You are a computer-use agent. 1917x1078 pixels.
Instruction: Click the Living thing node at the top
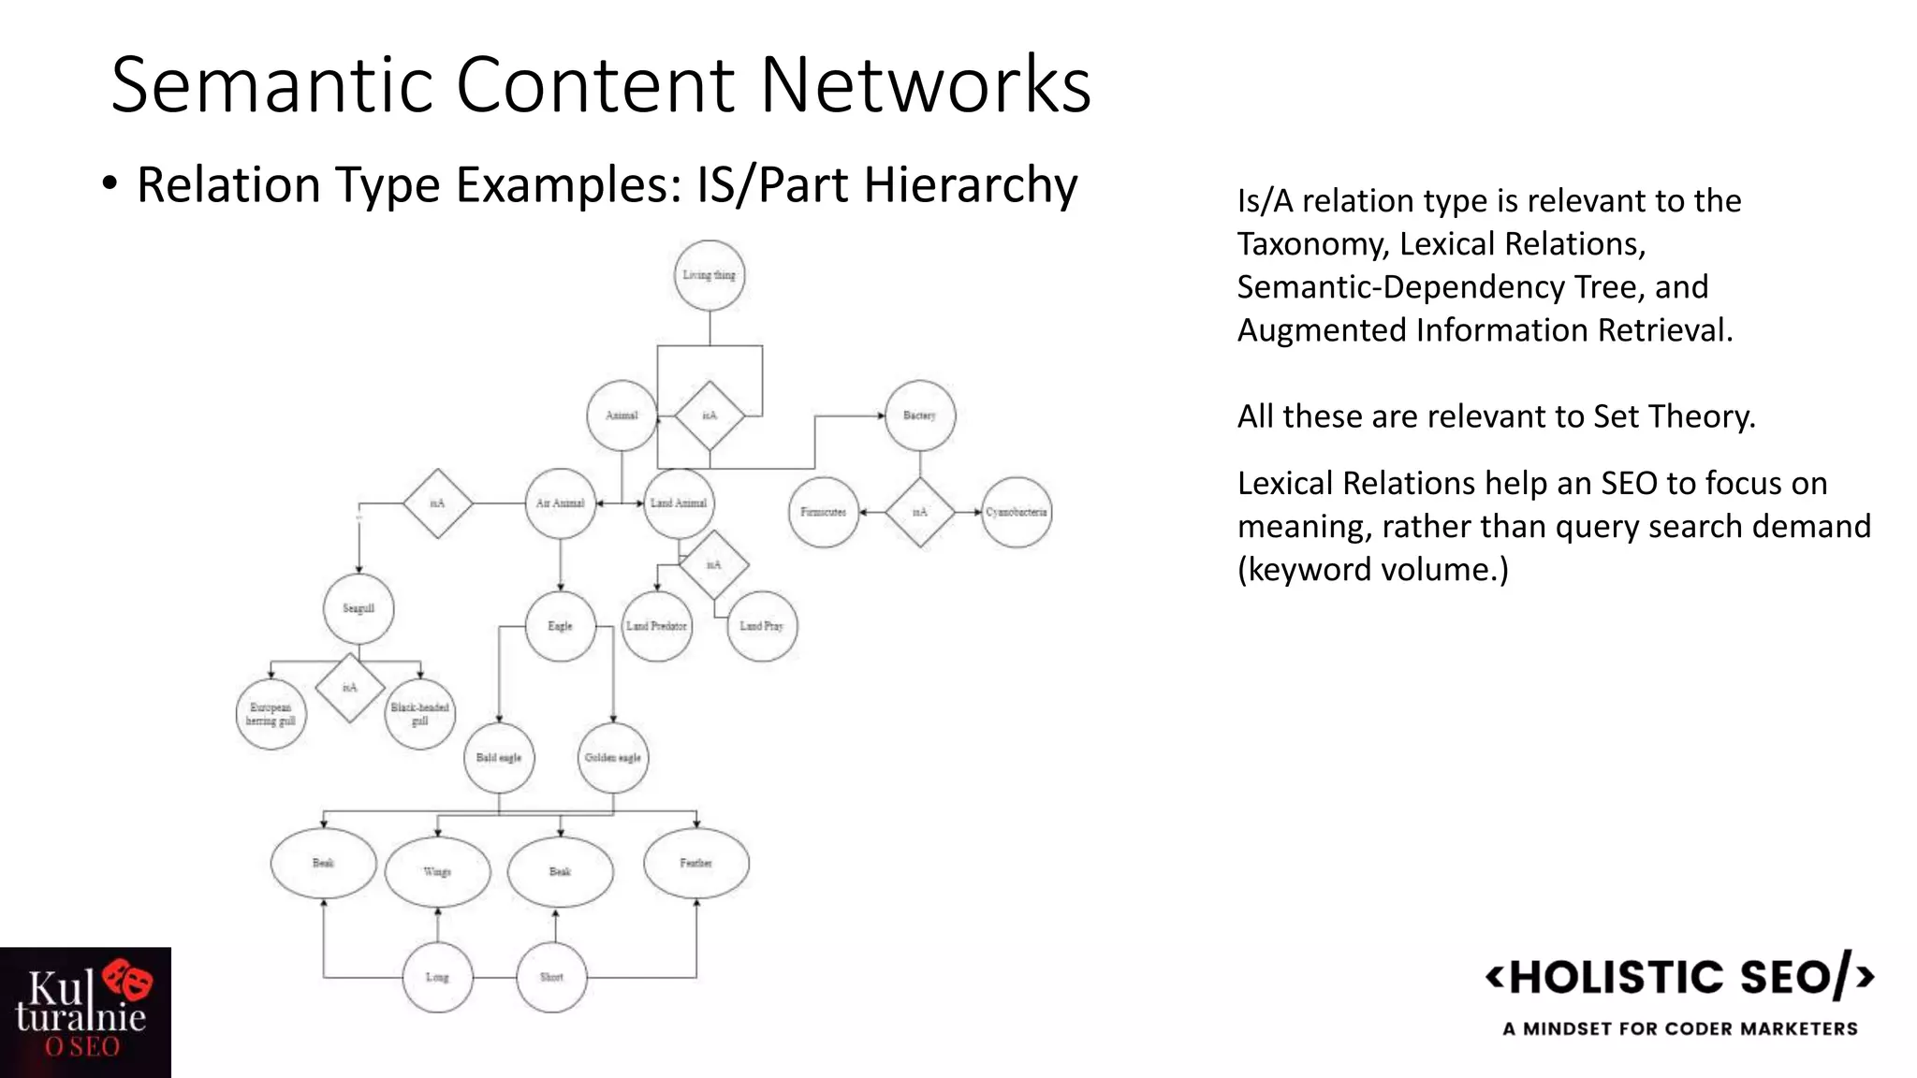click(x=710, y=275)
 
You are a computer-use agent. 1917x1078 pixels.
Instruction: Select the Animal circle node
click(x=622, y=415)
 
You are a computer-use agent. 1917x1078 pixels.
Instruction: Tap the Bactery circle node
click(x=920, y=415)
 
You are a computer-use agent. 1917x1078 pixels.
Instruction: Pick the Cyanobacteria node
click(x=1017, y=512)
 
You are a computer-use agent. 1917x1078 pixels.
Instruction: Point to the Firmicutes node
click(x=824, y=512)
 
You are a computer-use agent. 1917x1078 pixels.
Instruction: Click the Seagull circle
click(x=359, y=609)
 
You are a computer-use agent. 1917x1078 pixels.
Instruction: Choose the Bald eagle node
click(x=499, y=758)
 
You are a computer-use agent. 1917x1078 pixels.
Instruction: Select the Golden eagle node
click(x=613, y=758)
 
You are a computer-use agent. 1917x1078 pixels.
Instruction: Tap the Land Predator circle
click(x=657, y=626)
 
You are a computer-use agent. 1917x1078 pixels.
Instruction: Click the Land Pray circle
click(x=762, y=626)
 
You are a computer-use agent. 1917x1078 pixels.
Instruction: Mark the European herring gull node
click(x=271, y=715)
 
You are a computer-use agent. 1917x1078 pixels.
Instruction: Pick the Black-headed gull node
click(x=420, y=715)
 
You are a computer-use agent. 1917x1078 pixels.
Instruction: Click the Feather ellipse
click(x=696, y=863)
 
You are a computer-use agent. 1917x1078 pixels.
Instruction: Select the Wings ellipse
click(x=437, y=872)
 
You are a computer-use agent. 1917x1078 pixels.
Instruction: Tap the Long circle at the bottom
click(x=437, y=977)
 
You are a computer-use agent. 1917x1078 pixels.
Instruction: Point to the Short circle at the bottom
click(x=552, y=977)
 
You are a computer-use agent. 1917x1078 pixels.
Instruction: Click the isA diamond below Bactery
click(x=920, y=512)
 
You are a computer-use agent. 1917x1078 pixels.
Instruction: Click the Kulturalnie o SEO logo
click(x=85, y=1012)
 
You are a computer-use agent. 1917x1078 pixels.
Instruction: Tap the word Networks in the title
click(x=926, y=85)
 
